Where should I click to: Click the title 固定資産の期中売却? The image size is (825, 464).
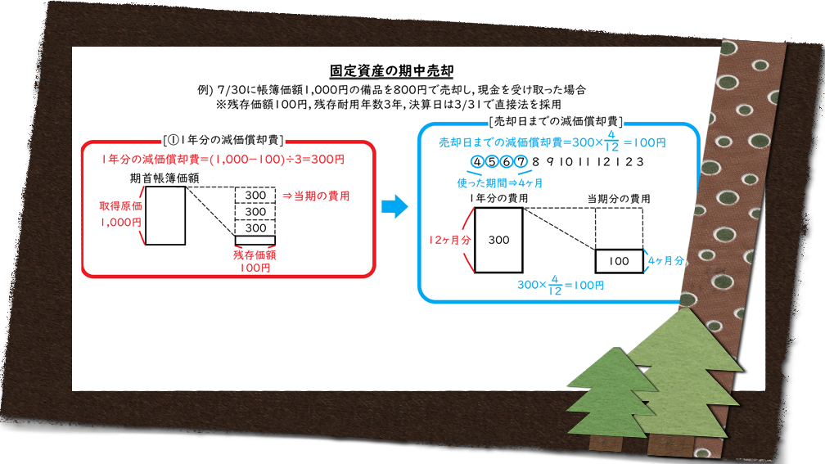(391, 70)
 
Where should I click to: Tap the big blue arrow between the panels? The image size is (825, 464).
(394, 206)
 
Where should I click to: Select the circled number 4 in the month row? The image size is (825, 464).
(477, 161)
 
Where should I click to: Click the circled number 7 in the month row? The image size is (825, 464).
(521, 161)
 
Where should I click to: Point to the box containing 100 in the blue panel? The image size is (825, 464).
(619, 261)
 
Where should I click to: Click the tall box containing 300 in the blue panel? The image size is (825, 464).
(498, 240)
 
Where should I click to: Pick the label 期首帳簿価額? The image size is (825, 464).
(165, 178)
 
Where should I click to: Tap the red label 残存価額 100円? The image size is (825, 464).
(255, 262)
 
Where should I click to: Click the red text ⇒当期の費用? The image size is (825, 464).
(316, 196)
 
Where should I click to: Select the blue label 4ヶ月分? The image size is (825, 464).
(666, 260)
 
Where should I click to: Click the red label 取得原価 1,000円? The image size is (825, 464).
(120, 214)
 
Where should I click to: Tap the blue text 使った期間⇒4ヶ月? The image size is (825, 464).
(500, 183)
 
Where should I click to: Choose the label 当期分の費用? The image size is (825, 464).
(619, 199)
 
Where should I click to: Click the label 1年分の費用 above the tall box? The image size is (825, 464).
(498, 198)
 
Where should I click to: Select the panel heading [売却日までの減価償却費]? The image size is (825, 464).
(556, 121)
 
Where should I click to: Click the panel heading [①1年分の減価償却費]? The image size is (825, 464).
(223, 140)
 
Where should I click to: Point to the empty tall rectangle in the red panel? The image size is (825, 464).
(165, 216)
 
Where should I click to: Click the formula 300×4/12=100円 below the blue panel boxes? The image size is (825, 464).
(561, 285)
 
